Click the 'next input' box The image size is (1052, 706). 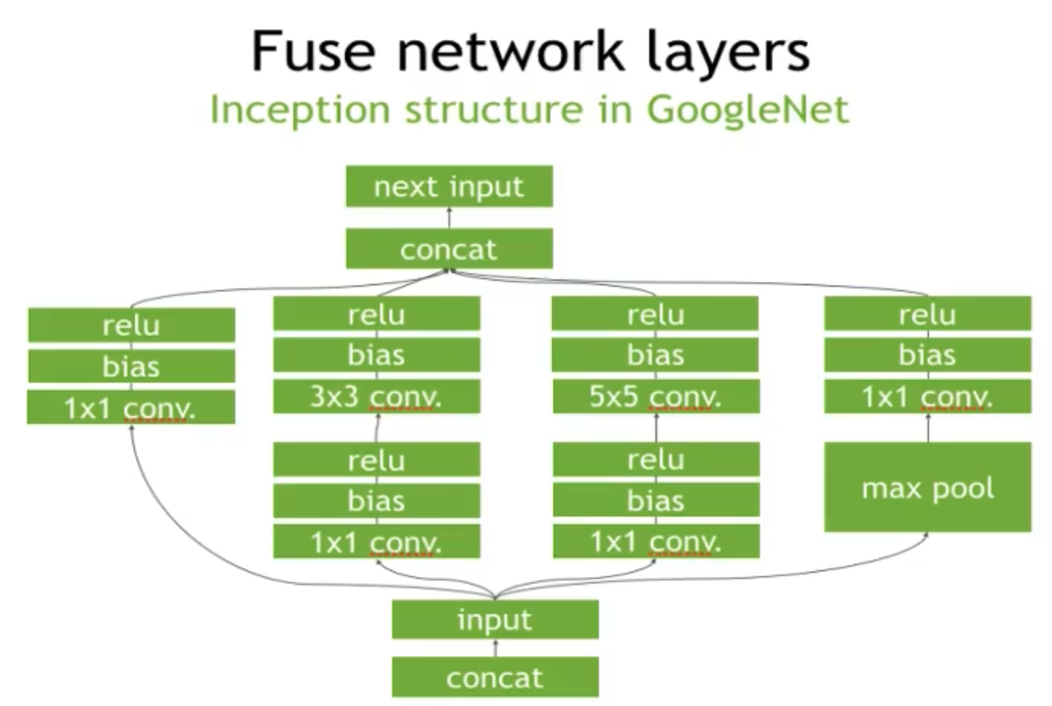pyautogui.click(x=450, y=186)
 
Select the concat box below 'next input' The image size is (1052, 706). pyautogui.click(x=450, y=248)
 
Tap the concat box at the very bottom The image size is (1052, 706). pyautogui.click(x=496, y=677)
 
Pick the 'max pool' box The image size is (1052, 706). pyautogui.click(x=928, y=487)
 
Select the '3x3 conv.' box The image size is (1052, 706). pyautogui.click(x=377, y=396)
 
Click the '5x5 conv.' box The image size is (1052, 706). pyautogui.click(x=656, y=396)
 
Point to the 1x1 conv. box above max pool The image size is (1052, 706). pyautogui.click(x=928, y=396)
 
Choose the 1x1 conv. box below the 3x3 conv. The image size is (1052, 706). pyautogui.click(x=377, y=542)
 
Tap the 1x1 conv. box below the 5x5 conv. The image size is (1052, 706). pyautogui.click(x=656, y=542)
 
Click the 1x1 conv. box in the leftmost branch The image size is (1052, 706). pyautogui.click(x=131, y=407)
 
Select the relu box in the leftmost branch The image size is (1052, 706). pyautogui.click(x=131, y=325)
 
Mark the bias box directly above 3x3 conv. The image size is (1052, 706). pyautogui.click(x=377, y=354)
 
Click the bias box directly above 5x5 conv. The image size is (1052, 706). pyautogui.click(x=655, y=354)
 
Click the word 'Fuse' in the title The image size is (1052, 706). pyautogui.click(x=314, y=50)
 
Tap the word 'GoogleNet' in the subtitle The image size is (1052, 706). pyautogui.click(x=748, y=110)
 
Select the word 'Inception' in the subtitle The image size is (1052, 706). pyautogui.click(x=300, y=110)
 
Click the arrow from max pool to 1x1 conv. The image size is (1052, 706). pyautogui.click(x=928, y=428)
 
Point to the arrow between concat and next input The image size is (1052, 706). pyautogui.click(x=450, y=218)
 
